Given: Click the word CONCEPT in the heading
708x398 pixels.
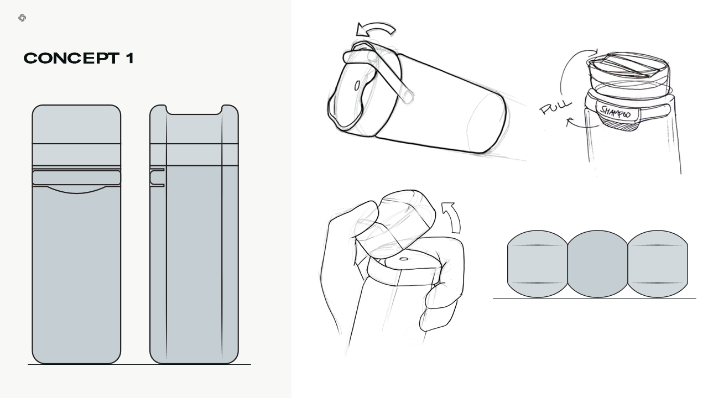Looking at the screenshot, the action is (72, 58).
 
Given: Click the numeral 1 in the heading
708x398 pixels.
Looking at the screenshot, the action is (130, 58).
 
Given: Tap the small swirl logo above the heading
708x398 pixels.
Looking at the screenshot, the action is (22, 18).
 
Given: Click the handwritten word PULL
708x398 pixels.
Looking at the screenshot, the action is (555, 107).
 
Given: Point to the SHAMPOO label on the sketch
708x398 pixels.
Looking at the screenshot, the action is (615, 112).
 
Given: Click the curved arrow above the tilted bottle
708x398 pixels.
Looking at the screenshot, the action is (375, 30).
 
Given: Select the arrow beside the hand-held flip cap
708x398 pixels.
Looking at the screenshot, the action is (452, 218).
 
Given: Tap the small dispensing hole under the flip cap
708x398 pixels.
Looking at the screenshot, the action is (404, 259).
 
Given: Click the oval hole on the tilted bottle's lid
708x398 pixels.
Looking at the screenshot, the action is (357, 86).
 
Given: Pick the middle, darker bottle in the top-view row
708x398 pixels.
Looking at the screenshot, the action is (597, 264).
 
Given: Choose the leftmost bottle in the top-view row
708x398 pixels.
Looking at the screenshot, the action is (537, 264).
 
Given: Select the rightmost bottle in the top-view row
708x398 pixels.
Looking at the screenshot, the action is (658, 264).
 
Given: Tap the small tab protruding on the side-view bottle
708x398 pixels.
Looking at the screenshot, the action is (157, 177).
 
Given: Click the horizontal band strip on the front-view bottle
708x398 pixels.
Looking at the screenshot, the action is (76, 177).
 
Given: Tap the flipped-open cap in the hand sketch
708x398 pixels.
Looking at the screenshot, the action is (395, 224).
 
